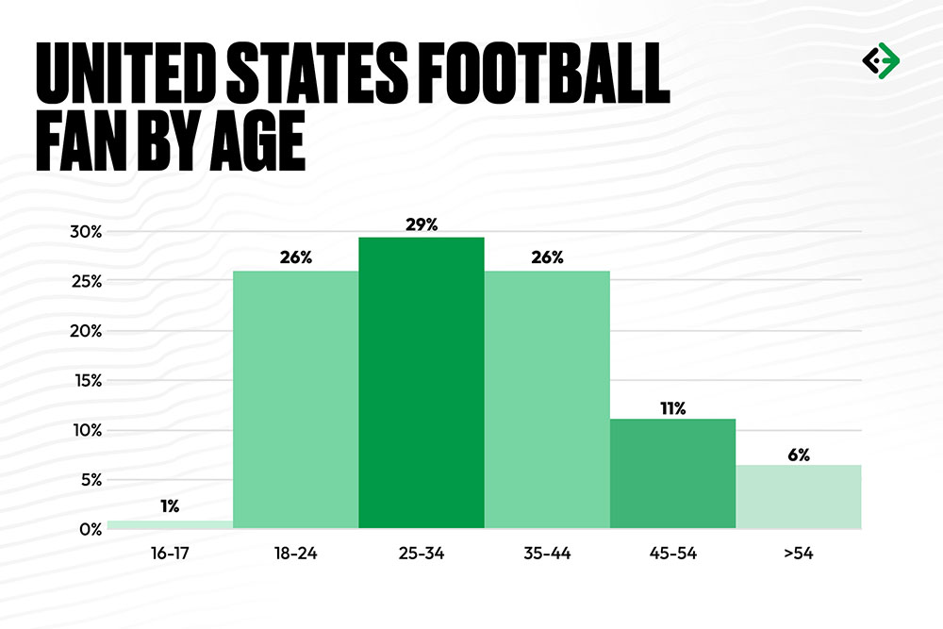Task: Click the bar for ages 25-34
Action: (422, 382)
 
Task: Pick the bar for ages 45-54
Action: (672, 473)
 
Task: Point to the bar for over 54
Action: (798, 497)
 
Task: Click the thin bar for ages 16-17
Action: (170, 524)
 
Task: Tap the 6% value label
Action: (798, 454)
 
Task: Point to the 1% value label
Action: (170, 506)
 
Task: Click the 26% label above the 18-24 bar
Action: (295, 257)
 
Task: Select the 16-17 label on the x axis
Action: (170, 555)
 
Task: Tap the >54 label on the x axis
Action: (798, 555)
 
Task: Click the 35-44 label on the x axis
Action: (547, 555)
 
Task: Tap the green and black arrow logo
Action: (881, 60)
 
